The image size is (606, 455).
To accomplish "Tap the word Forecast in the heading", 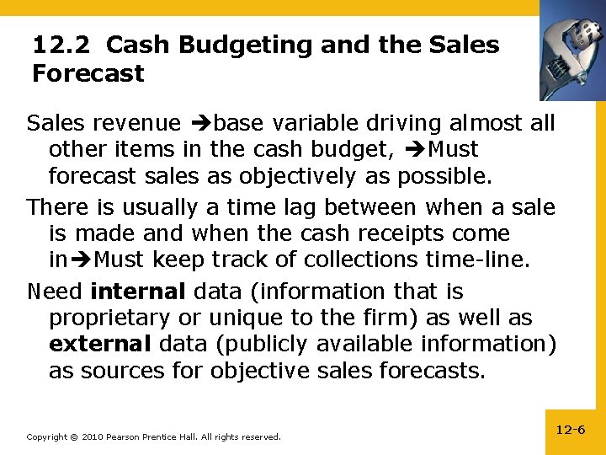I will click(x=88, y=74).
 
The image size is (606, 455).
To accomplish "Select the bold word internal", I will click(x=137, y=292).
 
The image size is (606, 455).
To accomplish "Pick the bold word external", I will click(x=100, y=344).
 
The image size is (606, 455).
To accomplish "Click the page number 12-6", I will click(x=571, y=430).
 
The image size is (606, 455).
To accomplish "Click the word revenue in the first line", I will click(x=136, y=124).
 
